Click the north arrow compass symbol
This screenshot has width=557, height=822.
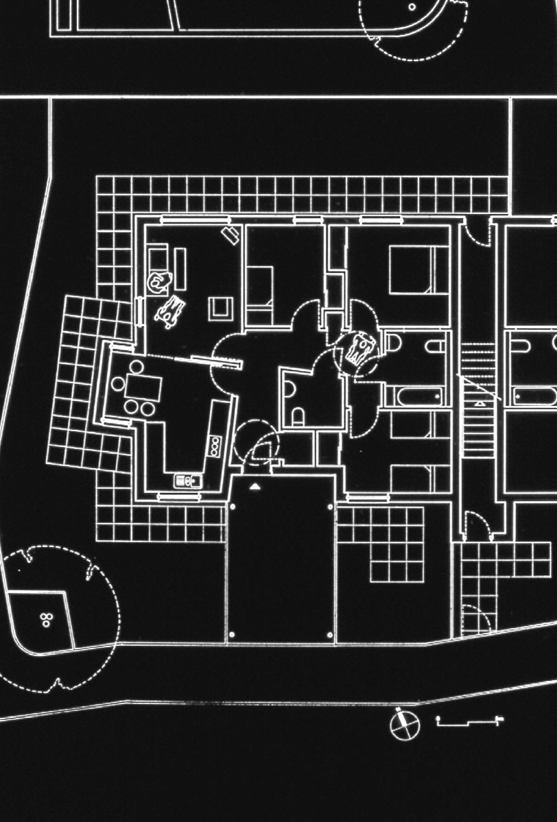click(x=403, y=725)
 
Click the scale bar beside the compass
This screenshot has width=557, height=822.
click(x=470, y=721)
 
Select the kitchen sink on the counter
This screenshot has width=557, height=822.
click(x=186, y=481)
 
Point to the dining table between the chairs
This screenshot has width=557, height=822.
click(x=143, y=387)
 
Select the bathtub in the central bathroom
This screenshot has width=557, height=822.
click(x=416, y=396)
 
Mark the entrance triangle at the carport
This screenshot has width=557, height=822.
click(x=255, y=486)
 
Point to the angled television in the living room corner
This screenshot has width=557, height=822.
click(x=230, y=235)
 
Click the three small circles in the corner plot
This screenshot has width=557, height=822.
click(x=46, y=620)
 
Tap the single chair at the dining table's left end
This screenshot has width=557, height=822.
click(x=118, y=385)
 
